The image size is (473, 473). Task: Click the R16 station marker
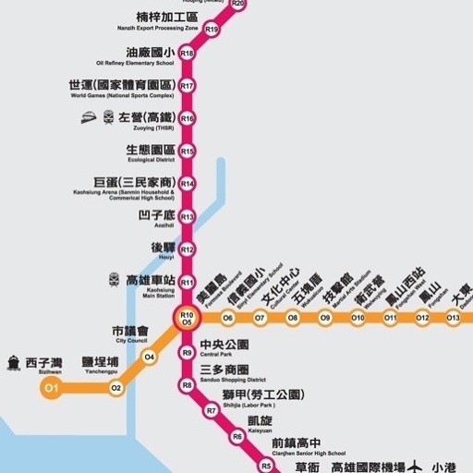point(188,118)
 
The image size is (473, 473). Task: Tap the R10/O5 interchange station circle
point(187,319)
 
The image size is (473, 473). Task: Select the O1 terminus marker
point(51,388)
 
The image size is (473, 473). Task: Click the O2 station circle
point(115,388)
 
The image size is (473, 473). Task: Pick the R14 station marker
point(188,184)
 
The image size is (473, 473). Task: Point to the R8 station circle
point(187,384)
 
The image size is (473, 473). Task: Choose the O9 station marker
point(325,319)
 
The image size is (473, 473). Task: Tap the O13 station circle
point(453,319)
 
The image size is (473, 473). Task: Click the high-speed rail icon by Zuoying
point(90,118)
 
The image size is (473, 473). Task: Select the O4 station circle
point(150,357)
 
